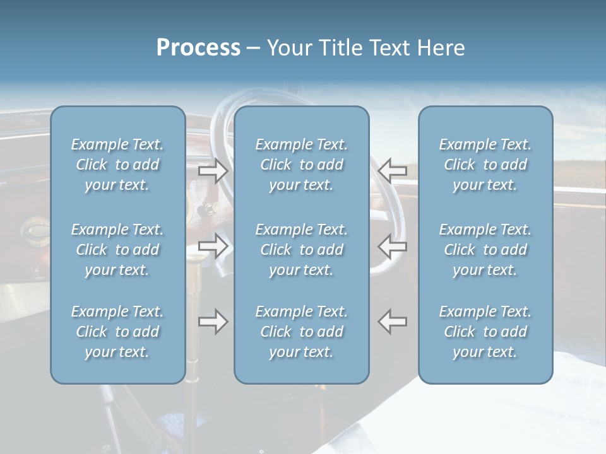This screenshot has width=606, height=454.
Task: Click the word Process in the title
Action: pos(198,48)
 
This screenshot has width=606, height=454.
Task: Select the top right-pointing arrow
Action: pos(213,170)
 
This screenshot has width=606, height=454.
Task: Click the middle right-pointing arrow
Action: pos(213,246)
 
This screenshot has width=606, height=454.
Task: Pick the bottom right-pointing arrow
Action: pos(213,322)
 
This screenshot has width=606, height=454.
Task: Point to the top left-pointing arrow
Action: pos(393,170)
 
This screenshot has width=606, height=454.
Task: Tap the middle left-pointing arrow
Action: pos(393,246)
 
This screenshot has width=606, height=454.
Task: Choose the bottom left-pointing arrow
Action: pos(393,322)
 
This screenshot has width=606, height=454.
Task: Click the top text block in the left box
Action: pos(117,165)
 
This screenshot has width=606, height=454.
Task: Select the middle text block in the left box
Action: pos(117,250)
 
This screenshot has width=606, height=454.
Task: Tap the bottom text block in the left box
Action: pos(117,332)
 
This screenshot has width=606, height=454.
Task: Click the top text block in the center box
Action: pos(302,165)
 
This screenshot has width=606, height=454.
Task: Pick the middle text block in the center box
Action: pos(302,250)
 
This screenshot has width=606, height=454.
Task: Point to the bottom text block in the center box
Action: pos(302,332)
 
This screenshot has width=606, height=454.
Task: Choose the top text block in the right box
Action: pos(485,165)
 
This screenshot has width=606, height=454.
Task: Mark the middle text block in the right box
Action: pos(485,250)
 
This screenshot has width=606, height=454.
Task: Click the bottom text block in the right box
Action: pos(485,332)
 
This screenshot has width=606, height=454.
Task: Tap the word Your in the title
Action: pos(288,48)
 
